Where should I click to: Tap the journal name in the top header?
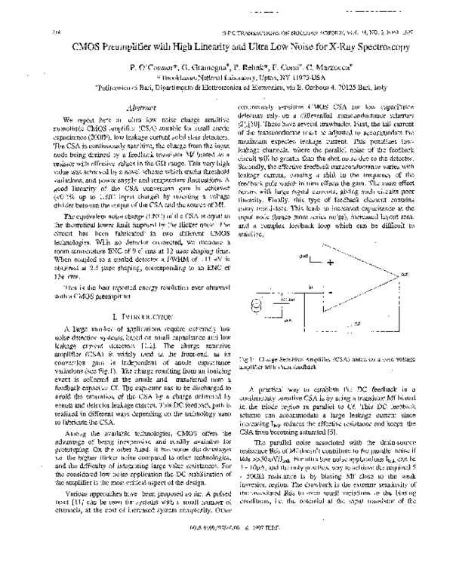302,32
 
